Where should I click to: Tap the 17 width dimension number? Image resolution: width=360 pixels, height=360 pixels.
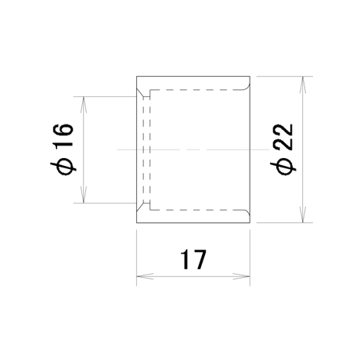pos(193,260)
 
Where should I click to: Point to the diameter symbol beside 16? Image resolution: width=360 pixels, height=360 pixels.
pos(63,167)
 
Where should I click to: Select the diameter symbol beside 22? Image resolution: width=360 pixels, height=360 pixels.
pos(283,167)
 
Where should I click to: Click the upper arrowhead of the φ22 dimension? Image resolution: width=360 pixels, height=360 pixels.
pos(303,85)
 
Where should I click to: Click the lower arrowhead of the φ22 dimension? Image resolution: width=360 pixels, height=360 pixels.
pos(303,214)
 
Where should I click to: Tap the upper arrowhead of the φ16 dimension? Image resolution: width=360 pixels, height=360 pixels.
pos(84,105)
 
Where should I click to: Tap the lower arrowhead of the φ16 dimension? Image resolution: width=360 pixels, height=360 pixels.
pos(84,194)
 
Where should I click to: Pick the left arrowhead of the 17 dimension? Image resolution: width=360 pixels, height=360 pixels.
pos(145,276)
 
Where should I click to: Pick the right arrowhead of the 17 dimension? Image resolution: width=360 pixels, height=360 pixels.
pos(242,276)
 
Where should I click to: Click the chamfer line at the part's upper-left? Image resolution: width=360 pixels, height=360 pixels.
pos(140,93)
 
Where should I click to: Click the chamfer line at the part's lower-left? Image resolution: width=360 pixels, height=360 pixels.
pos(140,207)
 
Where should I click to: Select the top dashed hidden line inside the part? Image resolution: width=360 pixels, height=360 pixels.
pos(196,90)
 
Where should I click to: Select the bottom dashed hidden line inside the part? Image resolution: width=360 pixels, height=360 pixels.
pos(196,210)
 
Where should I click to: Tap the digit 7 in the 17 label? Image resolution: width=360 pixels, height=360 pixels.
pos(200,260)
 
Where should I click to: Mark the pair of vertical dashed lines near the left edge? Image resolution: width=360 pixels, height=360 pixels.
pos(146,149)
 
